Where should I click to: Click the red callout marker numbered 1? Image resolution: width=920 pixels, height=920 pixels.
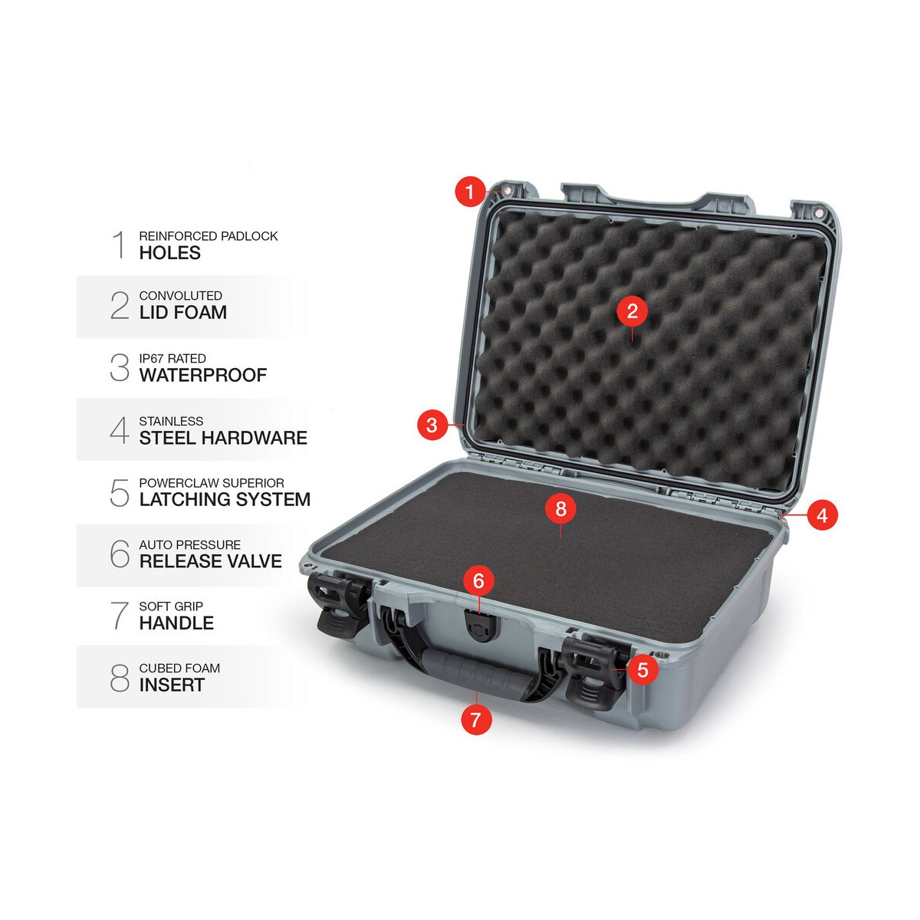(x=470, y=192)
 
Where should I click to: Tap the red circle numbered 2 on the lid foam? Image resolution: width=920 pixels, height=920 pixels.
(x=632, y=310)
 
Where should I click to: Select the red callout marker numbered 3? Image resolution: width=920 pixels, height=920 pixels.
(x=432, y=425)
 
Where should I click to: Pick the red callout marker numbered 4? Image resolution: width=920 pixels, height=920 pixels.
(x=822, y=515)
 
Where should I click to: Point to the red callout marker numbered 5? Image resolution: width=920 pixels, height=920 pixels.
(x=642, y=669)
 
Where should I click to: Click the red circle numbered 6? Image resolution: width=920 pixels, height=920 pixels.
(x=478, y=580)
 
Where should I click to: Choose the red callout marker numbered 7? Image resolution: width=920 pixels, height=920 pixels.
(x=476, y=719)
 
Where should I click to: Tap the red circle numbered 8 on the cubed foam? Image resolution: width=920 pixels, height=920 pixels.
(x=560, y=508)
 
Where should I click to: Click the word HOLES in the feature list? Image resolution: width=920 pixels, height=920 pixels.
(x=170, y=252)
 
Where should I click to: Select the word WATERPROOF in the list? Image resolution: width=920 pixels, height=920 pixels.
(x=203, y=375)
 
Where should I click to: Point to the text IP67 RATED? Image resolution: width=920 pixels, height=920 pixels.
(x=172, y=358)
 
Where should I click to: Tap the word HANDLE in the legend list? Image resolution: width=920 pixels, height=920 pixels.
(x=176, y=623)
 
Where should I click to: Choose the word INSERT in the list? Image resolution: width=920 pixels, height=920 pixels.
(x=172, y=685)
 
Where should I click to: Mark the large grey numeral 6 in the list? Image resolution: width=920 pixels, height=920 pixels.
(x=120, y=554)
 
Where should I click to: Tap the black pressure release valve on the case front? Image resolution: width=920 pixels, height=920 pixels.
(x=479, y=627)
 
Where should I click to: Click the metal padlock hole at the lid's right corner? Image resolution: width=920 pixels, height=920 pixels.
(x=820, y=212)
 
